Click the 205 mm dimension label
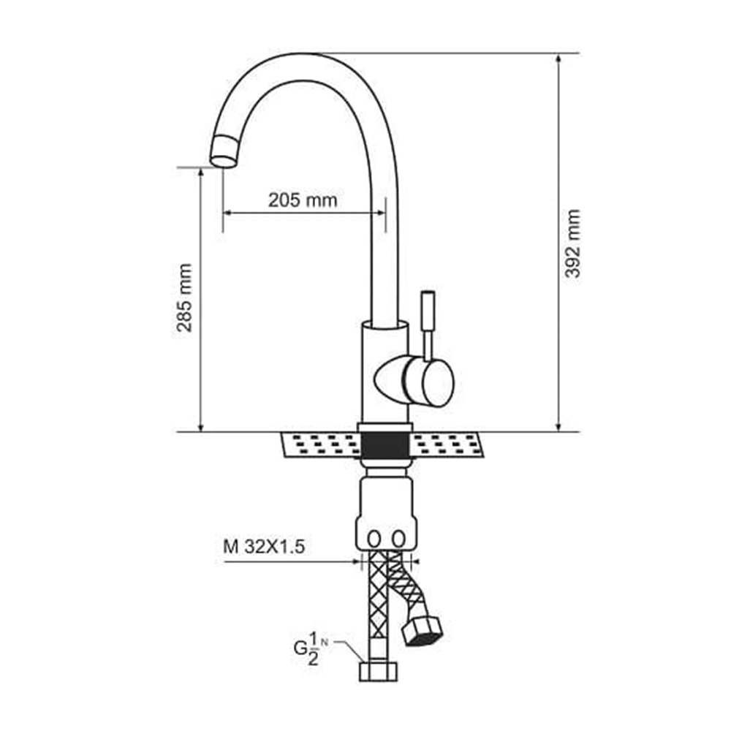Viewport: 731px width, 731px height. [303, 200]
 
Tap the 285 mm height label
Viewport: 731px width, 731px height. [185, 298]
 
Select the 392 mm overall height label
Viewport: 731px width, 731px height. [572, 243]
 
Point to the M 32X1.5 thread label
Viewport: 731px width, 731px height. [264, 546]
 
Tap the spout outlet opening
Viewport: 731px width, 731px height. [223, 162]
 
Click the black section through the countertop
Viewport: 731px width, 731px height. [385, 445]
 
